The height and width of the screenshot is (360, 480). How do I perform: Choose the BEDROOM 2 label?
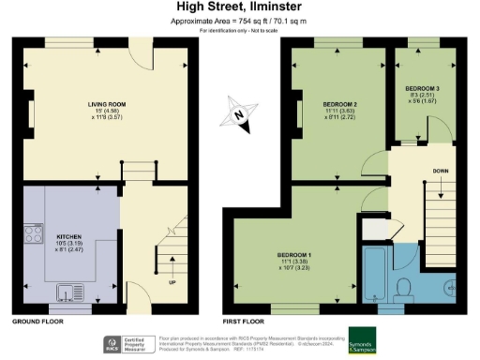(x=340, y=103)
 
